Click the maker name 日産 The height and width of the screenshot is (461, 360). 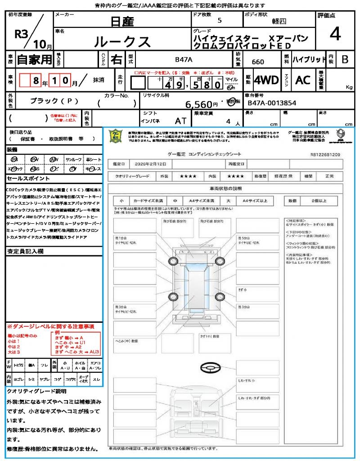[x=122, y=21]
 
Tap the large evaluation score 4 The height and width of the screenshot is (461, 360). [x=335, y=34]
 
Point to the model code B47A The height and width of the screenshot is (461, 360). [x=184, y=59]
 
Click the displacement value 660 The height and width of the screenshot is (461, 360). [x=258, y=62]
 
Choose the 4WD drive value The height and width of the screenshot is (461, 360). [x=266, y=80]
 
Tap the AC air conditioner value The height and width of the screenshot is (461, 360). [x=303, y=80]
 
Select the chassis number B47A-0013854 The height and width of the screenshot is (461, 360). [x=272, y=103]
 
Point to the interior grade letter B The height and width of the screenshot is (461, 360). [x=345, y=59]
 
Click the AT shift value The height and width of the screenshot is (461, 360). [x=181, y=122]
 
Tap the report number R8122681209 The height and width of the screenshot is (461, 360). [x=325, y=154]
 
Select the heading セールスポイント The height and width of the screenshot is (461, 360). [x=24, y=178]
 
